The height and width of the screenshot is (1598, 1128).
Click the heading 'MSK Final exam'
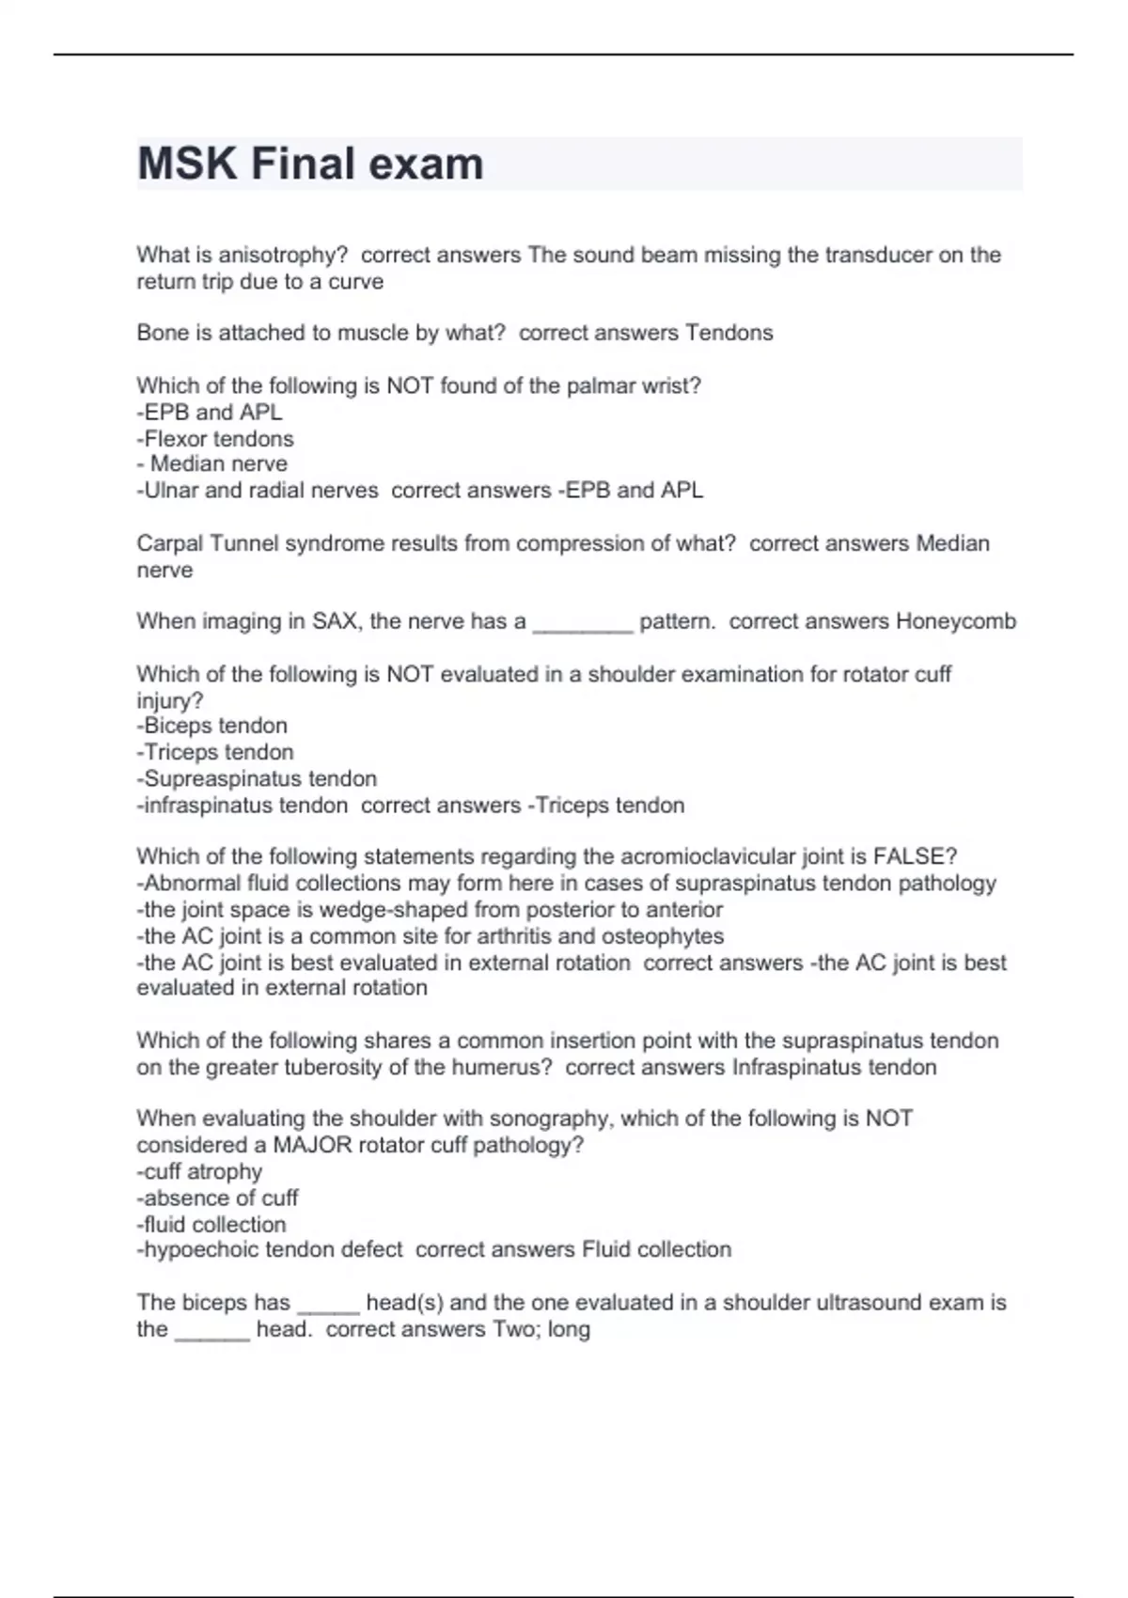coord(310,164)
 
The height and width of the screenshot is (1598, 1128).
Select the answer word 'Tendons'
coord(729,333)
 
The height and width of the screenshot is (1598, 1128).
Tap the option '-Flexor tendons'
coord(215,439)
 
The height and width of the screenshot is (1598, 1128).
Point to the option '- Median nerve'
coord(212,463)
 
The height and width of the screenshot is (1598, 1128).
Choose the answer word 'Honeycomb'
coord(956,621)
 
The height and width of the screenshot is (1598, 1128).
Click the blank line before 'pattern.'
coord(583,625)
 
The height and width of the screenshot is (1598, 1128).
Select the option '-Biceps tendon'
coord(212,726)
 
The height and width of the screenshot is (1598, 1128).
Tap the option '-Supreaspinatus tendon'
coord(257,778)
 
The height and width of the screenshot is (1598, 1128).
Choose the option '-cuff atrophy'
coord(199,1171)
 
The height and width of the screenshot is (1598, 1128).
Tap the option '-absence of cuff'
coord(217,1198)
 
